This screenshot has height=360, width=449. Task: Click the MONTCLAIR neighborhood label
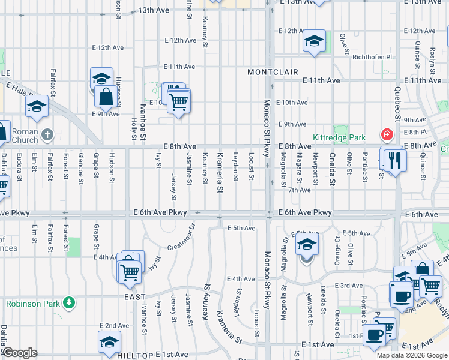pyautogui.click(x=273, y=72)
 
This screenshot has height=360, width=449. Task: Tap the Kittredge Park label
pyautogui.click(x=339, y=138)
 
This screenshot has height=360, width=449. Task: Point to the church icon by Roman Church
pyautogui.click(x=48, y=134)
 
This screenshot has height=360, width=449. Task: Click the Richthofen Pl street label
pyautogui.click(x=372, y=58)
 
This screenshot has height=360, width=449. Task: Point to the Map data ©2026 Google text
pyautogui.click(x=412, y=355)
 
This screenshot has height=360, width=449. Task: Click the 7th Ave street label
pyautogui.click(x=299, y=190)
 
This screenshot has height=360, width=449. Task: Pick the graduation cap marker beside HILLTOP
pyautogui.click(x=109, y=343)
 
